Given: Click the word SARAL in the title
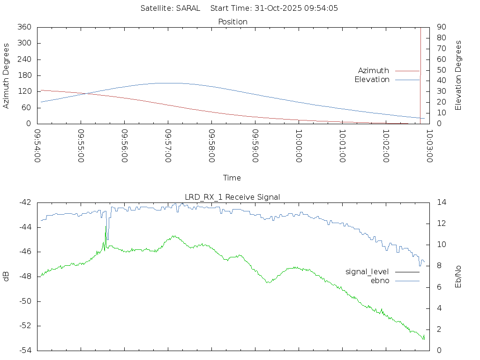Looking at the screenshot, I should tap(188, 8).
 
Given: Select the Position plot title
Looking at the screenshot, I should tap(232, 22).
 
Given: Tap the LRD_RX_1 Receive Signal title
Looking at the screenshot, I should tap(232, 197).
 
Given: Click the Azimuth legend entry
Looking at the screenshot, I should tap(374, 70).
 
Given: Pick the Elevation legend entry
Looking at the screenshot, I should tap(372, 79).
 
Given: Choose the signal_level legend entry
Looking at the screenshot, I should tap(367, 271).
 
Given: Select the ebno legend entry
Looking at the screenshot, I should tap(380, 280).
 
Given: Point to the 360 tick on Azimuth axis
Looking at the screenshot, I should tap(24, 27).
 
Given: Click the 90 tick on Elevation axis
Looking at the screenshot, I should tap(441, 27).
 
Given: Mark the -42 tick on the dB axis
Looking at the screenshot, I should tap(25, 202).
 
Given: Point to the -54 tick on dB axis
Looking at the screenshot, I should tap(25, 350).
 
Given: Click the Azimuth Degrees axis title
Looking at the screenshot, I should tap(7, 75).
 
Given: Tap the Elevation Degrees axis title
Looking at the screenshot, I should tap(458, 75).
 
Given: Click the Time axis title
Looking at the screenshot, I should tap(232, 178).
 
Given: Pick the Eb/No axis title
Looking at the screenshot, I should tap(458, 277).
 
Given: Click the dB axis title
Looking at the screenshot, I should tap(7, 277).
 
